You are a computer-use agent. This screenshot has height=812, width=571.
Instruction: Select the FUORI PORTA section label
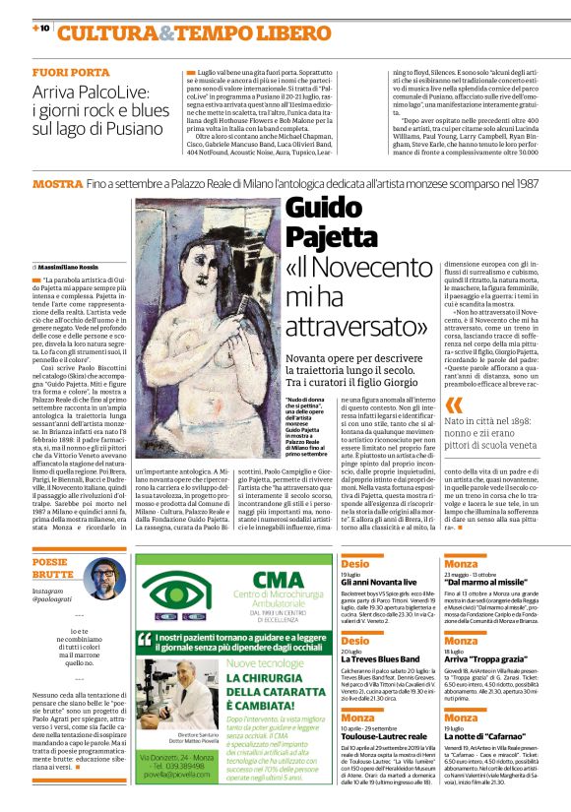click(x=71, y=74)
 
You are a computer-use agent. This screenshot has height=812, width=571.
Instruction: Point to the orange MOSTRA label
click(x=56, y=184)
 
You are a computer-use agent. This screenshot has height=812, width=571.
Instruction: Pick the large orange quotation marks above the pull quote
click(x=453, y=405)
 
